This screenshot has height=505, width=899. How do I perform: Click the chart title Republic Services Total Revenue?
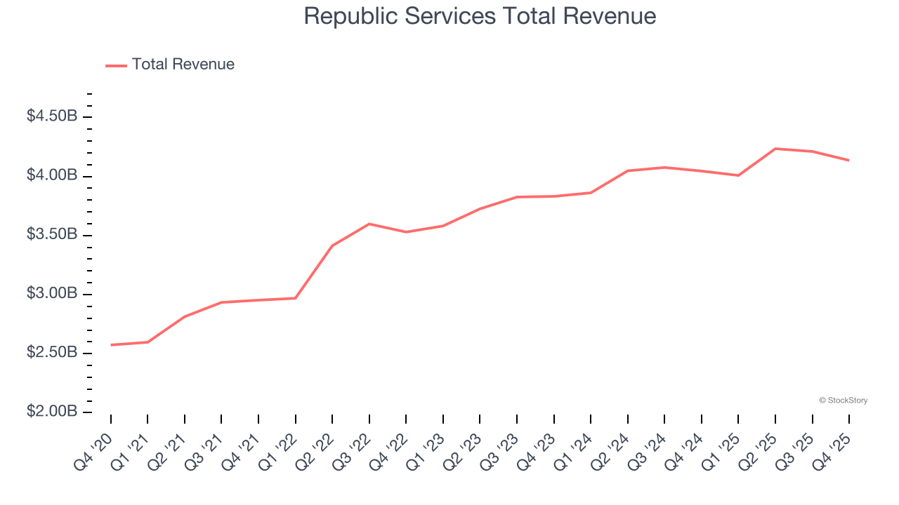480,16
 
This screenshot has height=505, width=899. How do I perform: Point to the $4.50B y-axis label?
52,116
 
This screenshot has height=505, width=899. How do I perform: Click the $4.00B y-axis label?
52,175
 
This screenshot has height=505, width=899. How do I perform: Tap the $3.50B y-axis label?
52,234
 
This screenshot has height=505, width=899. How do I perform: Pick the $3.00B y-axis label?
52,293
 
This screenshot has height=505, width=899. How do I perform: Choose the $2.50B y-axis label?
52,352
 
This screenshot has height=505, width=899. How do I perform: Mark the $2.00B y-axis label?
52,412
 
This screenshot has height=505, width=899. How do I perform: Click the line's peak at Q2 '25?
775,149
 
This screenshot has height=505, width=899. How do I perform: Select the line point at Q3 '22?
369,224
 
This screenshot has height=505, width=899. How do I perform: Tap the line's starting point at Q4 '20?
111,345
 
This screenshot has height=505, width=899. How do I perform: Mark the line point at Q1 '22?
296,298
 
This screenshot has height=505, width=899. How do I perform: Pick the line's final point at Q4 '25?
849,161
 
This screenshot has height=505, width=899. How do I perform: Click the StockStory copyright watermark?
843,400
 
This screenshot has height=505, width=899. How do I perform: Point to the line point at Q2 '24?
628,170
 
